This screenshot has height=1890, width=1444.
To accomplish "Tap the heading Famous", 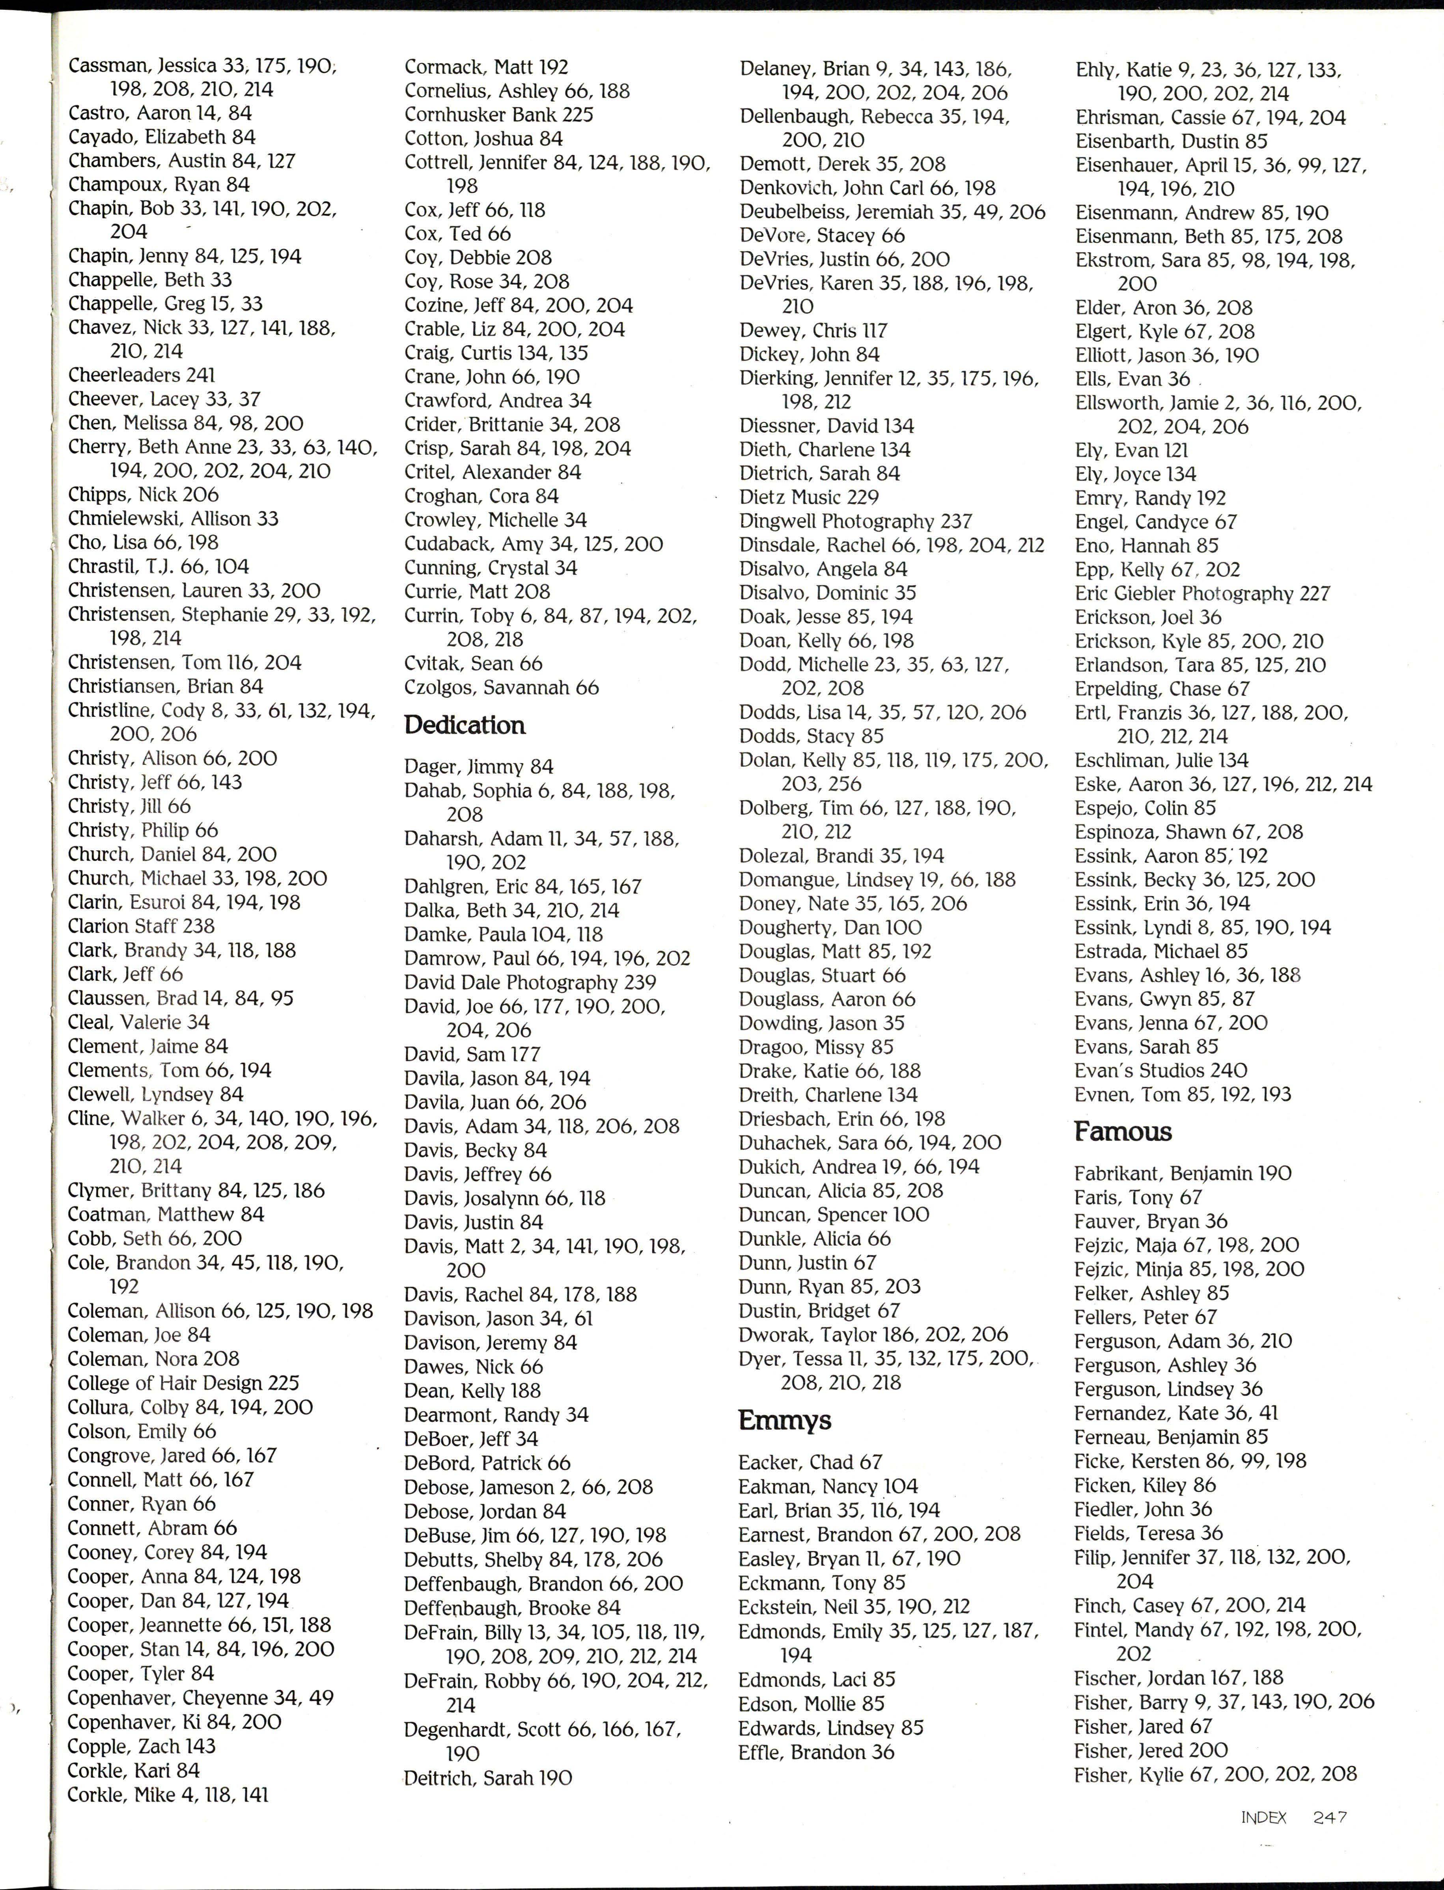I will point(1123,1131).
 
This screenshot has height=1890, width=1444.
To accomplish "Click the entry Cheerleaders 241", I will point(142,376).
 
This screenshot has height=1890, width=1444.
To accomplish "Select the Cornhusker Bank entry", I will point(498,114).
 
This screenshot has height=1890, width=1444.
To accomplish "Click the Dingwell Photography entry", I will point(855,521).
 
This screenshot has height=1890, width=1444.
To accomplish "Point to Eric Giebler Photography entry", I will point(1201,593).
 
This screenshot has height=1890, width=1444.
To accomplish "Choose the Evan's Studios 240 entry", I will point(1160,1070).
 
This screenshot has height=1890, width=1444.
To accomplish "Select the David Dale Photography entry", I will point(530,982).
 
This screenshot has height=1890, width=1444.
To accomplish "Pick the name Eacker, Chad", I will point(810,1462).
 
